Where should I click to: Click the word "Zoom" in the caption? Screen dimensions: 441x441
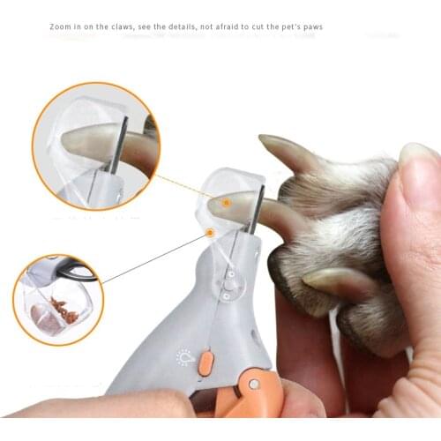point(60,26)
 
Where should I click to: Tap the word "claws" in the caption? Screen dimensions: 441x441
point(123,26)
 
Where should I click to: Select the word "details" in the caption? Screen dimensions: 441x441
point(182,26)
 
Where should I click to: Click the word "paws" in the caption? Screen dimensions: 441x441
point(312,26)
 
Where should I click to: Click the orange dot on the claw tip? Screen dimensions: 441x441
point(226,202)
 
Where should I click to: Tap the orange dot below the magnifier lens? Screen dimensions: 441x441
point(210,233)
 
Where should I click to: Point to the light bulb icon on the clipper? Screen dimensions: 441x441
point(184,357)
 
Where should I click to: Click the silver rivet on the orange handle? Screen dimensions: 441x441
point(253,384)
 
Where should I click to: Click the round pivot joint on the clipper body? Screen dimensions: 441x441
point(228,285)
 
